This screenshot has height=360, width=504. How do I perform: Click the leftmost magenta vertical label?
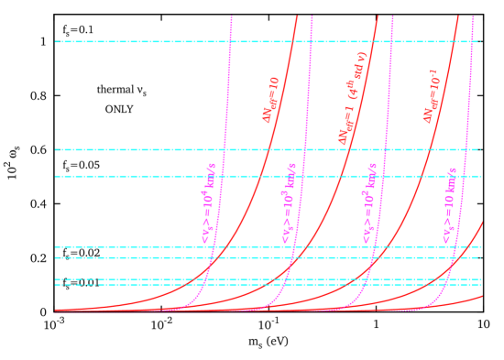[209, 203]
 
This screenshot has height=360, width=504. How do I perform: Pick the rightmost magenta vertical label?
[450, 203]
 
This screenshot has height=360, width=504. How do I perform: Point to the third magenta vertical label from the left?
[369, 203]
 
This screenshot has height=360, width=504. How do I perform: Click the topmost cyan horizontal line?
[137, 41]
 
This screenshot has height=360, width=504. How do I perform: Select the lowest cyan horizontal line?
[137, 285]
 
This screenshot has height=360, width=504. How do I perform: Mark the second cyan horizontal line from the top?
[137, 149]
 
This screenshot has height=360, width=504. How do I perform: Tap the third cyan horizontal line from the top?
[137, 176]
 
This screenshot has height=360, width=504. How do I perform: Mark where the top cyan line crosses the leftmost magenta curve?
[230, 41]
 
